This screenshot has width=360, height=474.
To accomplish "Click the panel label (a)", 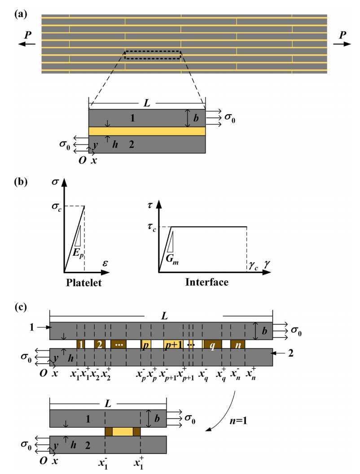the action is [x=21, y=14].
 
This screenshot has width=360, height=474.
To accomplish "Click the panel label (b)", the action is [x=21, y=182].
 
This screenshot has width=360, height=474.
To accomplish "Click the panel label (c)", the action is [x=21, y=307].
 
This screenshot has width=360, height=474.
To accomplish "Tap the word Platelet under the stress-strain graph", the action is [x=84, y=283].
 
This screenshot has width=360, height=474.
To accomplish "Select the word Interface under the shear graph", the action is [x=206, y=282].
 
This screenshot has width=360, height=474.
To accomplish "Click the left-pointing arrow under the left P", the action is [x=26, y=44].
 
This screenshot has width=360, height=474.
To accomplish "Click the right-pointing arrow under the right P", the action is [x=342, y=44].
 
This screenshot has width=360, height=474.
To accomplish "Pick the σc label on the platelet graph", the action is [x=57, y=207].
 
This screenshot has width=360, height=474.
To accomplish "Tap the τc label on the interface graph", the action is [x=152, y=227].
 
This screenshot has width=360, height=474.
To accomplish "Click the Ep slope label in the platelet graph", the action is [x=78, y=253].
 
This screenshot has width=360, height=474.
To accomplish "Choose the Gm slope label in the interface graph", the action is [x=172, y=259].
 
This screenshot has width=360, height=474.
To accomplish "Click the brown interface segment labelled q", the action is [x=212, y=344].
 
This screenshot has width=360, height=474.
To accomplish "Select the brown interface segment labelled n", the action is [x=237, y=344].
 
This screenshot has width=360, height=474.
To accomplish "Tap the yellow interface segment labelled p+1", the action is [x=173, y=344].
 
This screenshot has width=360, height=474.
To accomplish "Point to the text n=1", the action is [x=238, y=421].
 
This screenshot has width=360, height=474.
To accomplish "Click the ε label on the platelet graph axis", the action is [x=105, y=263].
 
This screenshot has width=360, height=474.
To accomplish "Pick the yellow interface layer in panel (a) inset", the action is [x=147, y=131].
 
